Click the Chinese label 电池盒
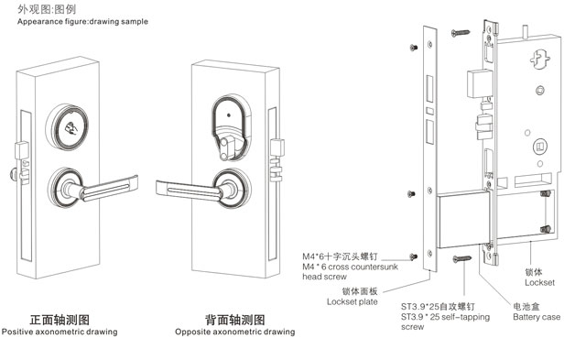[x=524, y=306]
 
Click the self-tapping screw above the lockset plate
[x=464, y=34]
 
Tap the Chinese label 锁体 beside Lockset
[x=534, y=272]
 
